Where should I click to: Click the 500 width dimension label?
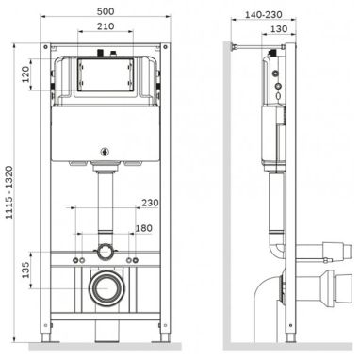click(x=106, y=11)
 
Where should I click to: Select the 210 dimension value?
click(x=106, y=26)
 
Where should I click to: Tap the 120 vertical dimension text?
click(x=25, y=74)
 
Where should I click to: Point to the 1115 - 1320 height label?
click(x=8, y=192)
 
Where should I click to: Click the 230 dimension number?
click(x=150, y=203)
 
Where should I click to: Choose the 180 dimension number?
click(x=143, y=228)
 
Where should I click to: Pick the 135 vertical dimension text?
click(x=25, y=270)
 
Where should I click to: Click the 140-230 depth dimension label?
click(x=263, y=14)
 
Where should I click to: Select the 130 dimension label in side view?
click(x=279, y=29)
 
